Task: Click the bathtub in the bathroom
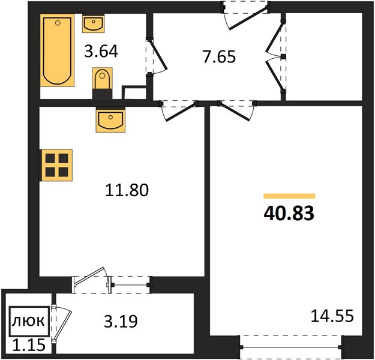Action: pyautogui.click(x=57, y=50)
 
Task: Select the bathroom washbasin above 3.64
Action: pyautogui.click(x=94, y=23)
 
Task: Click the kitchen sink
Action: pyautogui.click(x=111, y=119)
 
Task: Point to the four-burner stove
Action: pyautogui.click(x=56, y=165)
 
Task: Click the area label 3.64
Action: pyautogui.click(x=101, y=52)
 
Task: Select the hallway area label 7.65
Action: pyautogui.click(x=220, y=56)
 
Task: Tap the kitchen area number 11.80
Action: pyautogui.click(x=127, y=190)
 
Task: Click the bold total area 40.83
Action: pyautogui.click(x=289, y=214)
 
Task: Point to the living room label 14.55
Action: pyautogui.click(x=332, y=316)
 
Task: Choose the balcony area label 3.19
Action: pyautogui.click(x=121, y=321)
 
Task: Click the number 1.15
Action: pyautogui.click(x=29, y=346)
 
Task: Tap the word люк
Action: pyautogui.click(x=28, y=321)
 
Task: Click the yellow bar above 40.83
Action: pyautogui.click(x=289, y=196)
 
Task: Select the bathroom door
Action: pyautogui.click(x=157, y=56)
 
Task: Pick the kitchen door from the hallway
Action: pyautogui.click(x=179, y=110)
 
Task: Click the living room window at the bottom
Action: pyautogui.click(x=291, y=347)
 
